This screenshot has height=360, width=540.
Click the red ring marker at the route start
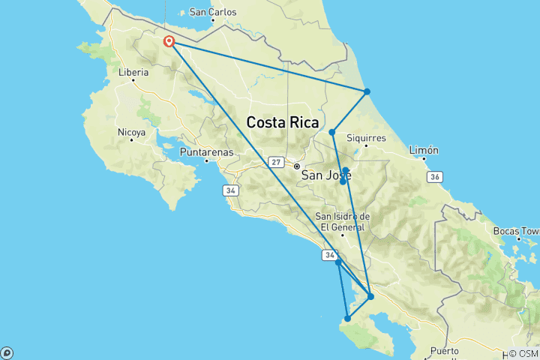pyautogui.click(x=169, y=41)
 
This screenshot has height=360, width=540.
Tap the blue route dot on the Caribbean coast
pyautogui.click(x=367, y=91)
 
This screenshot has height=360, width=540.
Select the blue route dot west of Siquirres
pyautogui.click(x=331, y=133)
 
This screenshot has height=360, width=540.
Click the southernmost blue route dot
pyautogui.click(x=347, y=319)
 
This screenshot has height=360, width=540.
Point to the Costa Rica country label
pyautogui.click(x=283, y=122)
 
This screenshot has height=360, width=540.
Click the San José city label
pyautogui.click(x=326, y=175)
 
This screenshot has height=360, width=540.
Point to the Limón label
pyautogui.click(x=423, y=150)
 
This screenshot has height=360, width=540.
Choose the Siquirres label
pyautogui.click(x=365, y=138)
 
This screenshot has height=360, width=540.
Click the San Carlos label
pyautogui.click(x=213, y=12)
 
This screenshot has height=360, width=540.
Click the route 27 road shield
pyautogui.click(x=277, y=163)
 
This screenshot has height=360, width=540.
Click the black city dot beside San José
pyautogui.click(x=297, y=166)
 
